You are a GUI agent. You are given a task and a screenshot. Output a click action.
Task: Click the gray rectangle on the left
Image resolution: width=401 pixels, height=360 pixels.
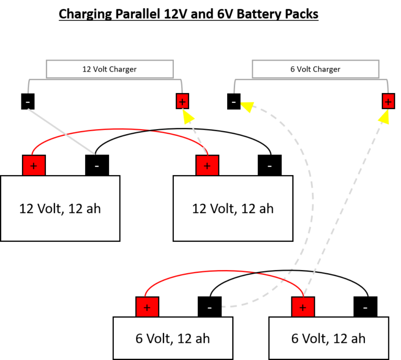point(110,69)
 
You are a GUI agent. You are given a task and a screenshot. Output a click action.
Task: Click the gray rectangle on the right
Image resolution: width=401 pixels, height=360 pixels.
point(315,69)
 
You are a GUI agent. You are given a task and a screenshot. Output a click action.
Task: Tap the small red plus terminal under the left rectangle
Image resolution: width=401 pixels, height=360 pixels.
point(182,101)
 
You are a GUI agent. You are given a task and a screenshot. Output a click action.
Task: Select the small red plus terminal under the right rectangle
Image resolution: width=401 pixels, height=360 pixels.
point(388,101)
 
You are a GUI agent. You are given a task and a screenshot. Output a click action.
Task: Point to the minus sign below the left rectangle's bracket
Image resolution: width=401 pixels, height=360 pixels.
point(28,102)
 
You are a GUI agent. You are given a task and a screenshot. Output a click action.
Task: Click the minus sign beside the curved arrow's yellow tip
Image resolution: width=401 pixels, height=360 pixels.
point(233,102)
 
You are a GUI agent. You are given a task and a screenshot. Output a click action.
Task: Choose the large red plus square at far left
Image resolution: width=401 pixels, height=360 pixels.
point(34,166)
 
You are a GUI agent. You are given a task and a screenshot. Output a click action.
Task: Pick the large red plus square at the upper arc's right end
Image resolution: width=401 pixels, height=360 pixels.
point(207,166)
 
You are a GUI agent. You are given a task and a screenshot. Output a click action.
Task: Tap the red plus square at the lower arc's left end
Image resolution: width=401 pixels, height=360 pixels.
point(147,307)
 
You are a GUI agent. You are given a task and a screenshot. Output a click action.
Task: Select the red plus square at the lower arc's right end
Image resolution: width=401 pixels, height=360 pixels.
point(303,307)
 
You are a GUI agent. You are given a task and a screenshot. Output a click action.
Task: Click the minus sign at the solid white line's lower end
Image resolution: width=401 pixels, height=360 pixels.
point(97,166)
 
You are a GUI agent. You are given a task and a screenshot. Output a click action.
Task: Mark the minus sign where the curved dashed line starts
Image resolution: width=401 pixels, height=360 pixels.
point(209,308)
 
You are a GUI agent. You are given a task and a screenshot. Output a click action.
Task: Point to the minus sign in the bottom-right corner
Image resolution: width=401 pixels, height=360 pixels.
point(365,308)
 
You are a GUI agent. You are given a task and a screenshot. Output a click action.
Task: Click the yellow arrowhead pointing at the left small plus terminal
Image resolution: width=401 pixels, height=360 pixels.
point(187,116)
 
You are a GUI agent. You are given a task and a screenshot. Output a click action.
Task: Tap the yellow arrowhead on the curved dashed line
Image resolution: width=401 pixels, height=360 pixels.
point(247,107)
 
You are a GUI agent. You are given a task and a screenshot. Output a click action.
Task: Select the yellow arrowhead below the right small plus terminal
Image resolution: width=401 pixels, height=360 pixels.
point(384,117)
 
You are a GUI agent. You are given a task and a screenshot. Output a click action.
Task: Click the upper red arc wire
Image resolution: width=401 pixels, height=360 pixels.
point(120,129)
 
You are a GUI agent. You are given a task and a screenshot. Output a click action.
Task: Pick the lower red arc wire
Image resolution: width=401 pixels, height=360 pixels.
point(225,271)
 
